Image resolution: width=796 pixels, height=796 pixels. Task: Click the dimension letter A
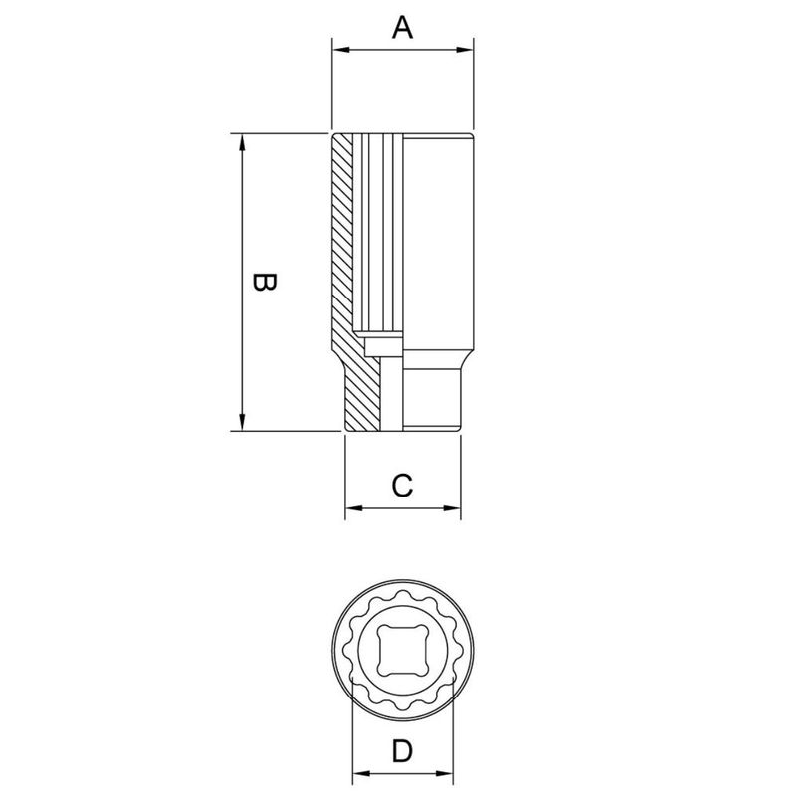point(401,28)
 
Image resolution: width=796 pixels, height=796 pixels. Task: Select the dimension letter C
point(401,486)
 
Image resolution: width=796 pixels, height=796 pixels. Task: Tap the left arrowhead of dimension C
point(351,510)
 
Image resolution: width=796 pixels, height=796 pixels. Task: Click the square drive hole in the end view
point(402,649)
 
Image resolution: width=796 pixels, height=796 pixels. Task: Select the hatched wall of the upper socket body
point(343,239)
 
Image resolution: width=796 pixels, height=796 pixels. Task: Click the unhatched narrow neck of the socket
point(433,398)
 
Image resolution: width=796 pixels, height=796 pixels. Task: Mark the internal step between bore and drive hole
point(384,345)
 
